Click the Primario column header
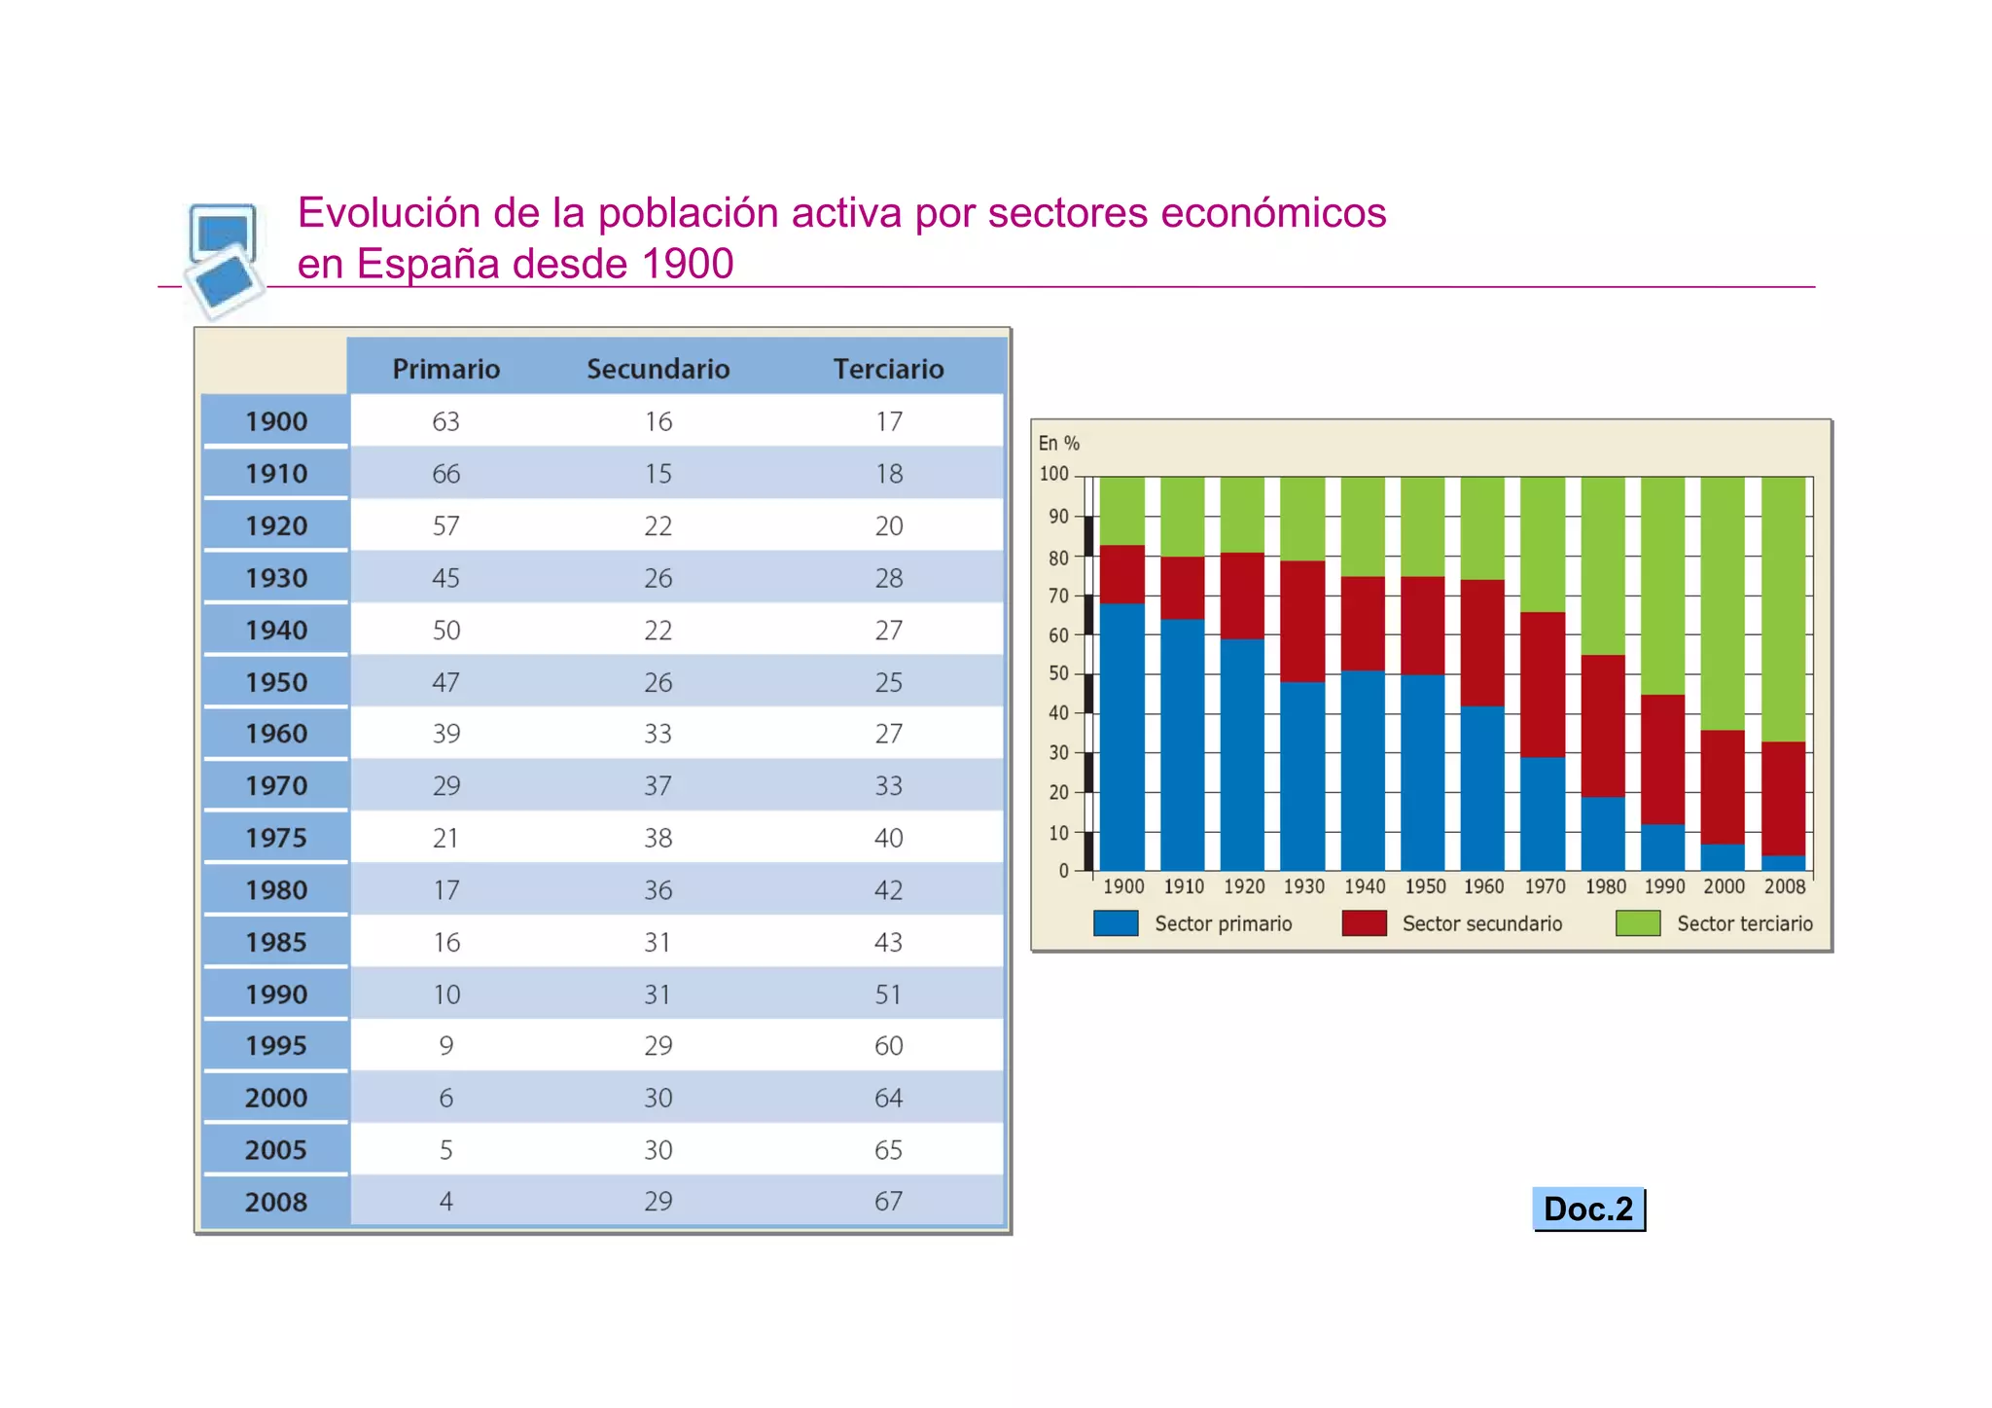coord(445,369)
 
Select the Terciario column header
coord(888,369)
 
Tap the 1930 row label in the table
coord(276,578)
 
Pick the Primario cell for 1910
coord(445,474)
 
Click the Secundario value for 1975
coord(658,838)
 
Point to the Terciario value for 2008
coord(888,1201)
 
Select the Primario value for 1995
coord(445,1045)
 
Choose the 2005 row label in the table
coord(276,1150)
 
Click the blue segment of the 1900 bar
coord(1121,740)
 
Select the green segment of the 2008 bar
coord(1783,608)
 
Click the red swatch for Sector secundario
coord(1364,922)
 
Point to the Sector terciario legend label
coord(1744,923)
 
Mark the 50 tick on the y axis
coord(1058,673)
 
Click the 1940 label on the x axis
coord(1364,886)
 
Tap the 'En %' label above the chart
coord(1058,443)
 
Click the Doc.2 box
coord(1587,1209)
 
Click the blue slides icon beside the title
coord(224,258)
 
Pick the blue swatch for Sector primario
coord(1116,922)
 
